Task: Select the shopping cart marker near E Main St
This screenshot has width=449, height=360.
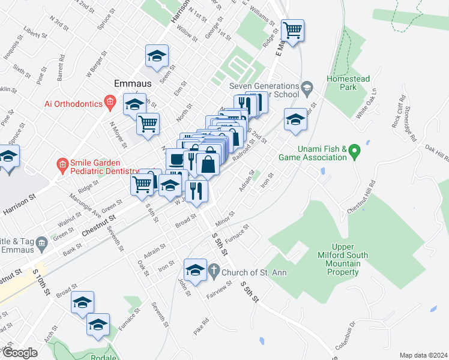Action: pos(292,30)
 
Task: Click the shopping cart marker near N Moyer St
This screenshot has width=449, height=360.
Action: pos(148,124)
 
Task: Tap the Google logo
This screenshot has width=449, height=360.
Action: pos(20,353)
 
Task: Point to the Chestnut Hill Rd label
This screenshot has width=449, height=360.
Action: pos(362,197)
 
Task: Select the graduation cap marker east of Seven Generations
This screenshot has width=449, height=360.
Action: pos(295,118)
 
